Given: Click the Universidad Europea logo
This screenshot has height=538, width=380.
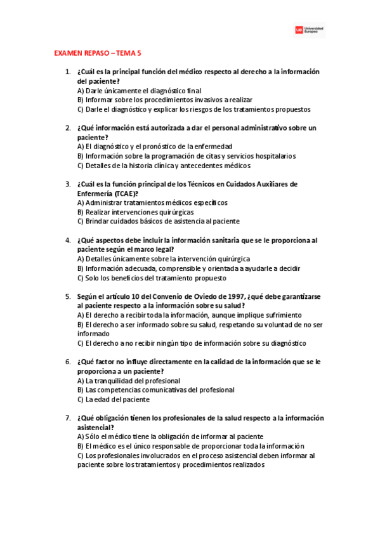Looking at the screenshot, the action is click(310, 30).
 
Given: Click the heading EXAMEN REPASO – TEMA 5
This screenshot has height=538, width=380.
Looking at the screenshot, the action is click(98, 55).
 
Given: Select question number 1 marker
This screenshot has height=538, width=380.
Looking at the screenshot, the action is click(68, 72).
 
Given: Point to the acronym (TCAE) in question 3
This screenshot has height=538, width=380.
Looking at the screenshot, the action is click(124, 194).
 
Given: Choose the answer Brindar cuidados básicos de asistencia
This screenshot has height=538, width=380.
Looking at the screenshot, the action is click(158, 221).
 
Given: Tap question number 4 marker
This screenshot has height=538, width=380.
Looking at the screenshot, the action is click(68, 240).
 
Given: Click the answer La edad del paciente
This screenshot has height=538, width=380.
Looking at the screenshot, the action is click(113, 400).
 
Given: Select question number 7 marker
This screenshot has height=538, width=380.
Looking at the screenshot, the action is click(68, 418).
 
